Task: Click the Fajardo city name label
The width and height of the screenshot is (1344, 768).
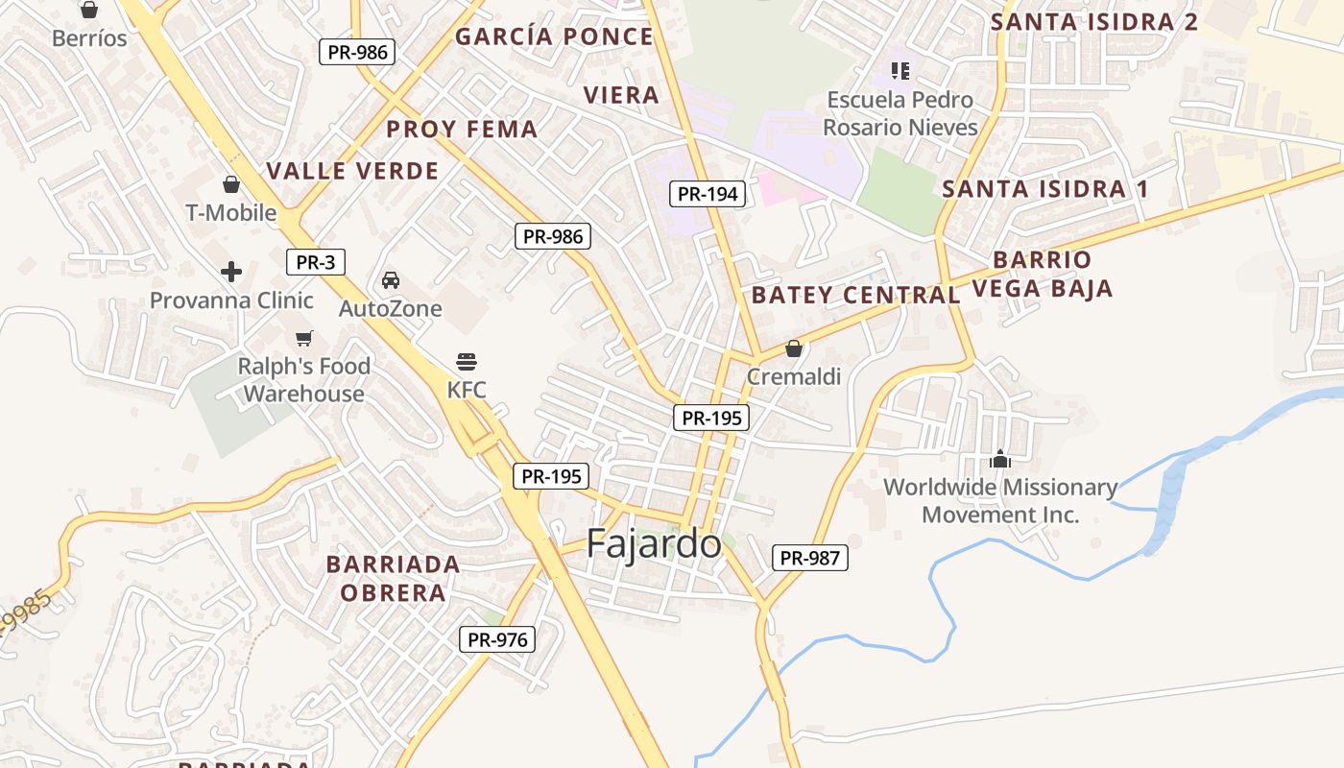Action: coord(654,543)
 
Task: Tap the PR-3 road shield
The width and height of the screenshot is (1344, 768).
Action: coord(315,262)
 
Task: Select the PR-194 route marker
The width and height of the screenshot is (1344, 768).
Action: coord(708,194)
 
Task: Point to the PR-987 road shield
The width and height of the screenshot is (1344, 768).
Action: coord(810,558)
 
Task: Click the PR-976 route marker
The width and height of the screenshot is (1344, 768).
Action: coord(496,639)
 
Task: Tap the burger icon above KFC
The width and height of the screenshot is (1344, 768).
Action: coord(467,362)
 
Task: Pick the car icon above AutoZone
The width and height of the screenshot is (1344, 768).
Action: coord(391,280)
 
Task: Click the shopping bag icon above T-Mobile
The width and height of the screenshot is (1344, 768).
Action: coord(231,184)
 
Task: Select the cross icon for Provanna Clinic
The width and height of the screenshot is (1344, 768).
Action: coord(231,272)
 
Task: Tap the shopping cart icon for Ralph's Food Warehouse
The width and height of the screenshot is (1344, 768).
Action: coord(304,338)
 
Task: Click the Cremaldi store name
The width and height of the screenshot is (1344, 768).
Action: coord(794,376)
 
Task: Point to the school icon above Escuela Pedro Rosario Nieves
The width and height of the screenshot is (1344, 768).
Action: coord(900,70)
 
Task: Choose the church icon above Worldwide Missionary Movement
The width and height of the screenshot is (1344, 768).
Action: coord(1000,459)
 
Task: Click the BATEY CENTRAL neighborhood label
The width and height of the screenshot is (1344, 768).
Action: coord(855,295)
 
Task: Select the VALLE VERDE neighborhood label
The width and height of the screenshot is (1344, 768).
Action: coord(352,171)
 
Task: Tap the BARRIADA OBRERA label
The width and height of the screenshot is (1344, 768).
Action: coord(393,578)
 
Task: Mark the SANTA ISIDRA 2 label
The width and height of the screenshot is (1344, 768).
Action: coord(1094,21)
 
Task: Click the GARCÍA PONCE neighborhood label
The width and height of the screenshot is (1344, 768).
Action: coord(554,36)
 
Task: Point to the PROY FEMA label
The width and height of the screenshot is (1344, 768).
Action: coord(462,129)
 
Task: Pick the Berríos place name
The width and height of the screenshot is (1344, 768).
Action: coord(89,38)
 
